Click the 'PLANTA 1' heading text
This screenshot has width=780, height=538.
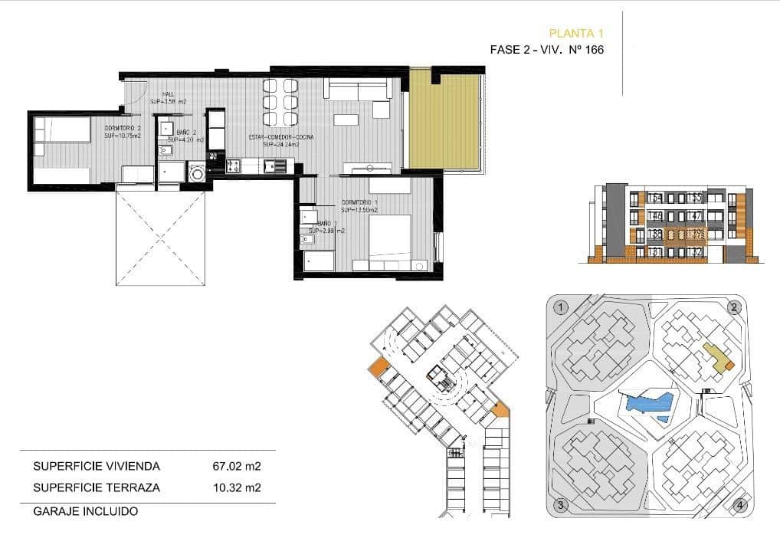[577, 33]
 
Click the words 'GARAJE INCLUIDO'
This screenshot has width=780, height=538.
[85, 510]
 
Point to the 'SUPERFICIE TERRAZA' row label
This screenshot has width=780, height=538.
[96, 487]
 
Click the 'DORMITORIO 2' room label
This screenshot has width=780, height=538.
[123, 128]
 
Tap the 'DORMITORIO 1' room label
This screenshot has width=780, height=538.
[361, 203]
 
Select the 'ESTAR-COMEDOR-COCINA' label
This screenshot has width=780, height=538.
[280, 137]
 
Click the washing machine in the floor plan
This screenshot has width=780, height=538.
[197, 172]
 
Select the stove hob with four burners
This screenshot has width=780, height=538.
[234, 166]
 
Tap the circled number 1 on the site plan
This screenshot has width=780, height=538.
[561, 308]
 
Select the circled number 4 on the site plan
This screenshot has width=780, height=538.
[738, 505]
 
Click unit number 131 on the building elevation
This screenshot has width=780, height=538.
[654, 252]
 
